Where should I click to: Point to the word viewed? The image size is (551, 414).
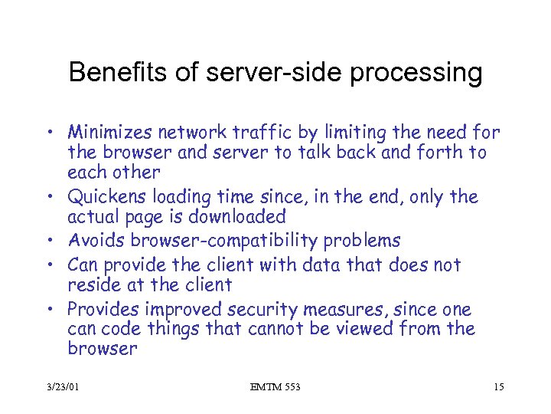(370, 330)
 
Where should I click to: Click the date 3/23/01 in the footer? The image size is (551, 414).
(61, 388)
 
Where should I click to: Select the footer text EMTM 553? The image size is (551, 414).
(275, 388)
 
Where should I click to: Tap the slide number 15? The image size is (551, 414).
(498, 388)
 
